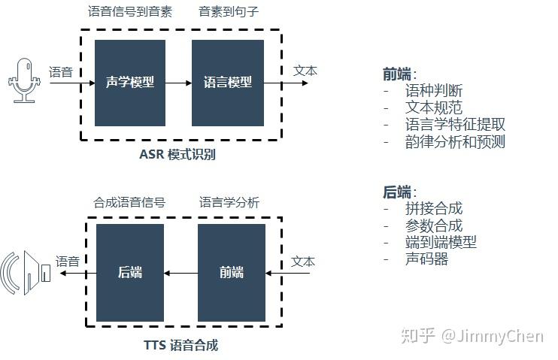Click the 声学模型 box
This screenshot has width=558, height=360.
pyautogui.click(x=129, y=83)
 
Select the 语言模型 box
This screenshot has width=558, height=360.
pyautogui.click(x=228, y=83)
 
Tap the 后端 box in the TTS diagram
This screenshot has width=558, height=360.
pyautogui.click(x=129, y=272)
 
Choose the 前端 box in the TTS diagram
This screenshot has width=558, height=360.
pyautogui.click(x=232, y=272)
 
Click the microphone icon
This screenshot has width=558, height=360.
pyautogui.click(x=25, y=80)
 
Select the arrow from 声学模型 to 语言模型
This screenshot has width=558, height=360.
pyautogui.click(x=178, y=83)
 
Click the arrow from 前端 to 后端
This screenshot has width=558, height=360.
pyautogui.click(x=180, y=273)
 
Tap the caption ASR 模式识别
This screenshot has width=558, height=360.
pyautogui.click(x=177, y=155)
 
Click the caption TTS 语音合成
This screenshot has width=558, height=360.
pyautogui.click(x=180, y=346)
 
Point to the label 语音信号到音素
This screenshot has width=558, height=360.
pyautogui.click(x=129, y=11)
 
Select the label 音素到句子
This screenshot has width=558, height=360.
pyautogui.click(x=228, y=11)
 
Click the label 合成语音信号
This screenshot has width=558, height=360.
pyautogui.click(x=129, y=202)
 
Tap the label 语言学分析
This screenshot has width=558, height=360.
pyautogui.click(x=229, y=202)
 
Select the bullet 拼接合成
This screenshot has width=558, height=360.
pyautogui.click(x=433, y=208)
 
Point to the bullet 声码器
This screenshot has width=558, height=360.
pyautogui.click(x=426, y=259)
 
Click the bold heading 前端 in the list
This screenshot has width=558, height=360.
pyautogui.click(x=397, y=74)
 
